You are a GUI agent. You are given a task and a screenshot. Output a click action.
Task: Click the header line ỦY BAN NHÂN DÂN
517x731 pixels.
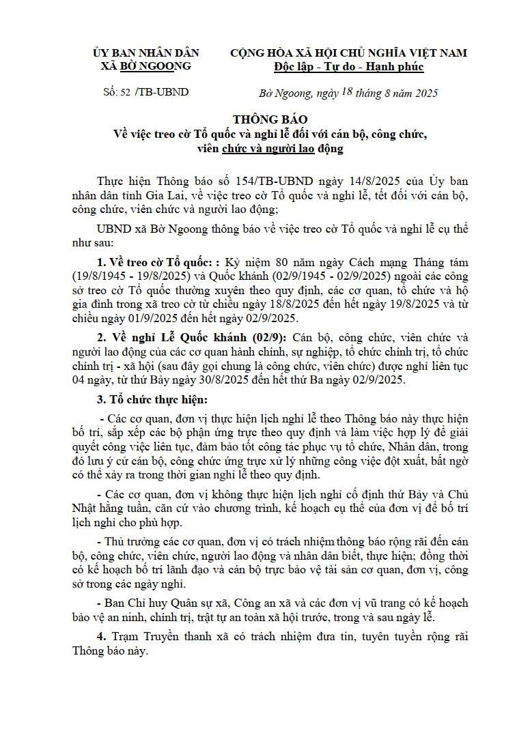tap(145, 53)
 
